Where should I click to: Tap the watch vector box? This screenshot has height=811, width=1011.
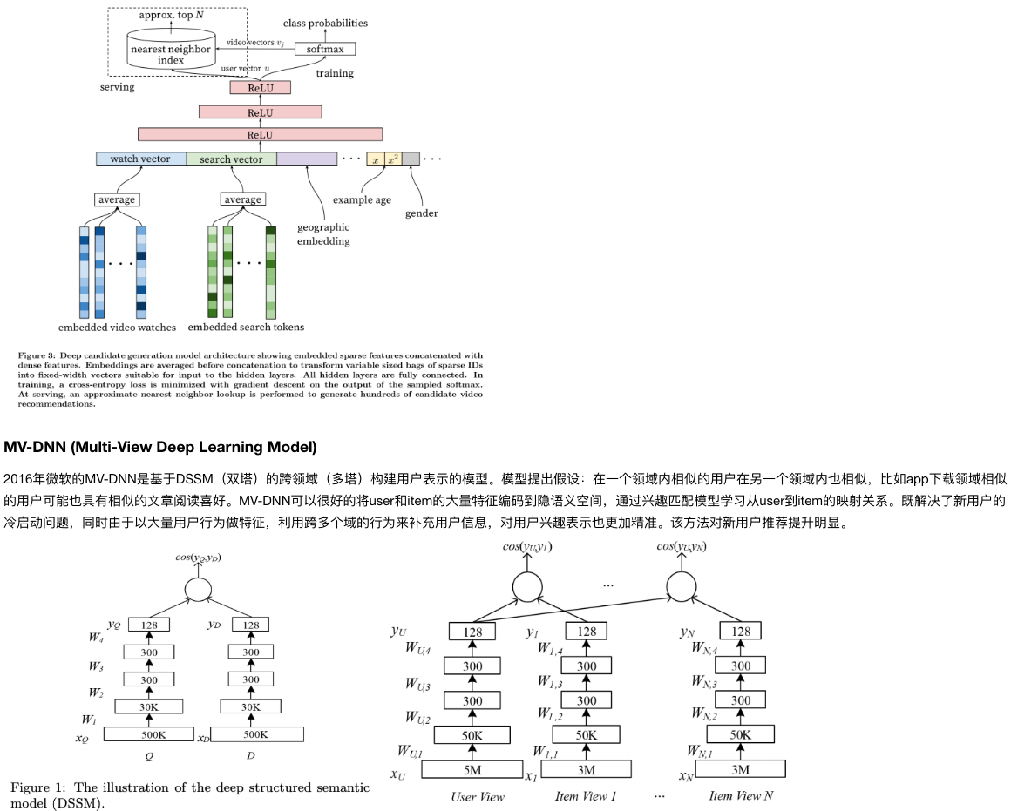point(140,159)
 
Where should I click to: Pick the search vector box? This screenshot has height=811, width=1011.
point(231,159)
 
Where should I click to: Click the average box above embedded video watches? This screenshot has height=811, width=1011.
point(116,199)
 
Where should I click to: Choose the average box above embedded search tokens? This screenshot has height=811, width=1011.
point(242,199)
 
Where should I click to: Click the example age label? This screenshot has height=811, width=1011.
point(362,199)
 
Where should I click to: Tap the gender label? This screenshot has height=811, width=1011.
point(421,213)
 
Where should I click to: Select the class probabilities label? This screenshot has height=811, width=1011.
point(327,23)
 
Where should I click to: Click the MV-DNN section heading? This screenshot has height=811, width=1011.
point(160,447)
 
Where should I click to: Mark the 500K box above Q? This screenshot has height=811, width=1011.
point(153,734)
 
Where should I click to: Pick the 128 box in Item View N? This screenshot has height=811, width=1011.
point(741,632)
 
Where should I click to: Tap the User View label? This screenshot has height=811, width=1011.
point(478,796)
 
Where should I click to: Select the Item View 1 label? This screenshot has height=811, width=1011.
point(586,796)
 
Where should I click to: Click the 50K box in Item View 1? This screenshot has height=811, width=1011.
point(587,734)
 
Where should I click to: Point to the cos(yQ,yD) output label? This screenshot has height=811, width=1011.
point(197,558)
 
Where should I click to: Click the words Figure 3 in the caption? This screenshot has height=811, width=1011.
point(38,355)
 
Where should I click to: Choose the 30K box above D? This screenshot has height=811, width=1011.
point(251,706)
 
